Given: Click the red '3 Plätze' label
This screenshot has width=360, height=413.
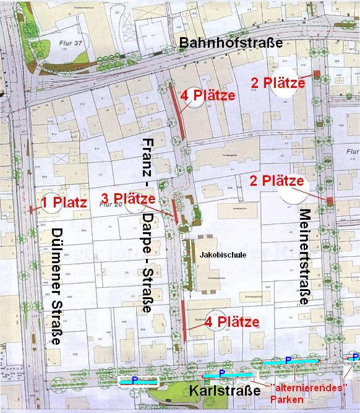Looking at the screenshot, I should click(x=127, y=199).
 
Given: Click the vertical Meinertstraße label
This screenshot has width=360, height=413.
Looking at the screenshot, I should click(x=304, y=256).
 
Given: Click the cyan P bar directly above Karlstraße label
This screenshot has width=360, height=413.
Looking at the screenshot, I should click(x=228, y=374).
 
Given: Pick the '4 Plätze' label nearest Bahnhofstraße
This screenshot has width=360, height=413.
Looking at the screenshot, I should click(x=208, y=95).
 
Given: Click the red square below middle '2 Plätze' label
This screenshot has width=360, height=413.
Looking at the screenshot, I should click(x=330, y=200).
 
